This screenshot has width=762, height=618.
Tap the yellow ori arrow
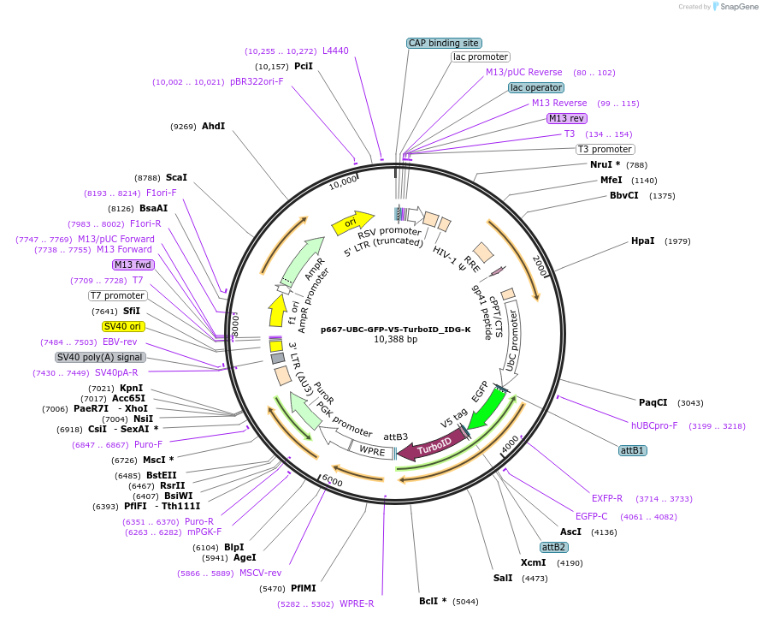[x=352, y=222]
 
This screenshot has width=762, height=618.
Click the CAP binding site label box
[x=443, y=43]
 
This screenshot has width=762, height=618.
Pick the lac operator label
[x=536, y=87]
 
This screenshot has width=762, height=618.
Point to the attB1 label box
[x=633, y=450]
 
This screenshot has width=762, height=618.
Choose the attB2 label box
[x=553, y=547]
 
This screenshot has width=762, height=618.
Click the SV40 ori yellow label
[x=122, y=326]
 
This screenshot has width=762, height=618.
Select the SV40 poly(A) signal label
[x=100, y=357]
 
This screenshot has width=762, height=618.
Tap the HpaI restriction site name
[x=642, y=241]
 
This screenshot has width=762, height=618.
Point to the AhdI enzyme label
[x=213, y=126]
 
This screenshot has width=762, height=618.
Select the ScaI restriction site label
[x=176, y=177]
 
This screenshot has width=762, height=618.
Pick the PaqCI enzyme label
[x=653, y=402]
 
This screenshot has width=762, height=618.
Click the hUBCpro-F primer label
[x=654, y=425]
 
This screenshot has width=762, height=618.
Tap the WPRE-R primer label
[x=357, y=603]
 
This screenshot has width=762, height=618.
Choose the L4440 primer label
[x=335, y=51]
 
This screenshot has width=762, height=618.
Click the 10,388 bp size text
[x=395, y=340]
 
